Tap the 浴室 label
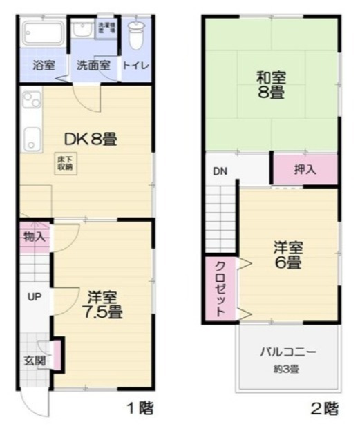pos(44,66)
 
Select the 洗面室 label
pos(93,66)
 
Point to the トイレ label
pos(137,66)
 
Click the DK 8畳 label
pos(91,139)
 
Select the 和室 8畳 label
pos(272,84)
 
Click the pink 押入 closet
pos(305,169)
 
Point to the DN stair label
pos(220,171)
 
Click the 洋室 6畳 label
pos(288,253)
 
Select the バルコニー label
pos(288,352)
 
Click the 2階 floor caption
pos(324,408)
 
